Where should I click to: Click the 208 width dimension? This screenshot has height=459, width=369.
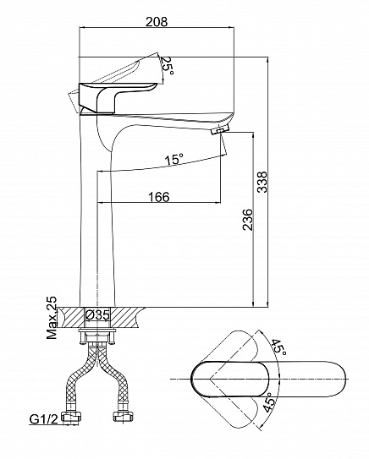coord(157,22)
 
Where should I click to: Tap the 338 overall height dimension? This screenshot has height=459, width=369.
coord(262,182)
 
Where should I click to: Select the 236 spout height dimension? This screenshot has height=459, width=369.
coord(248,220)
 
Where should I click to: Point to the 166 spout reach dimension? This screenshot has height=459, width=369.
coord(158,197)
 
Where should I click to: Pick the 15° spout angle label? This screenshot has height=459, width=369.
coord(173,159)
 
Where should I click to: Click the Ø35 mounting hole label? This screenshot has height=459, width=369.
coord(97,315)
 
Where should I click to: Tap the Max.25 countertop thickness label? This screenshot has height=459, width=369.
coord(52,318)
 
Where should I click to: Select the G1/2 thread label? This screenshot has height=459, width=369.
coord(44,419)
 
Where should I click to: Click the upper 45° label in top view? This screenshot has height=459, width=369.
coord(278,347)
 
